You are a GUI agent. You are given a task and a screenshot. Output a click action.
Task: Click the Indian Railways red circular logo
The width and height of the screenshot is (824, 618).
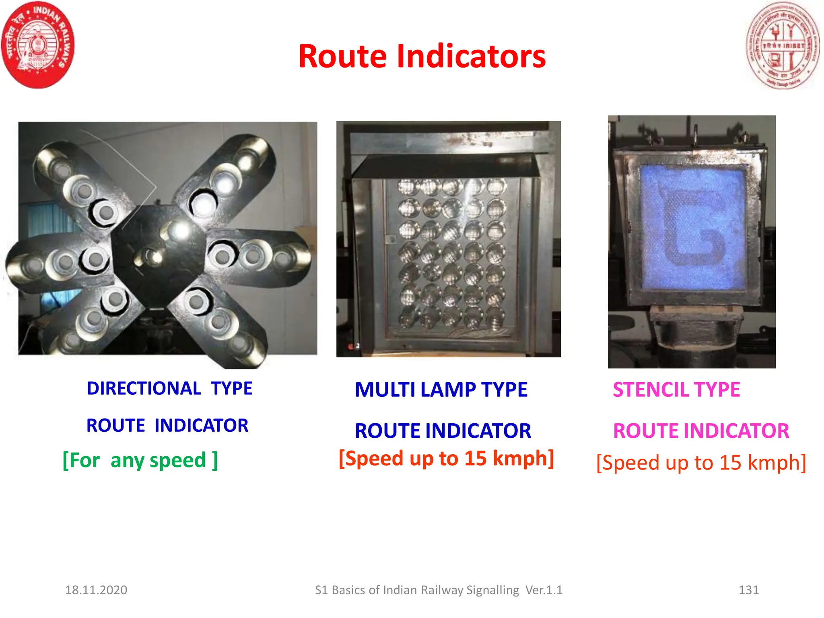pos(38,45)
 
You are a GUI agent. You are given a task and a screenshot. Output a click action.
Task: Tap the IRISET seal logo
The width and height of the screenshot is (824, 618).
pos(782,45)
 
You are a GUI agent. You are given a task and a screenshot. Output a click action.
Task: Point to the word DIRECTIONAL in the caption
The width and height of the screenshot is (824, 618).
pos(144,389)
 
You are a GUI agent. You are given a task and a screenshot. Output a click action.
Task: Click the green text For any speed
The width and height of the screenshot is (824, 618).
pos(140,460)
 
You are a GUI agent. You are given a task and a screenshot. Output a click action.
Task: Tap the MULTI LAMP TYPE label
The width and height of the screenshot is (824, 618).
pos(441,390)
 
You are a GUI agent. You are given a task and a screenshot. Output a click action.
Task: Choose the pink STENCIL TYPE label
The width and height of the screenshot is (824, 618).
pos(676,390)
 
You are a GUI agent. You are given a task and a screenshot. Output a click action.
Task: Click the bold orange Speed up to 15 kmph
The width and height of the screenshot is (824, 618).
pos(446,459)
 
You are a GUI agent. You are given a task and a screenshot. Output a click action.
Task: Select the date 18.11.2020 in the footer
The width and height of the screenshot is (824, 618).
pos(96,590)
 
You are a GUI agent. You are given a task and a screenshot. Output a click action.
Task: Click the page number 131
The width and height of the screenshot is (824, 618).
pos(748,590)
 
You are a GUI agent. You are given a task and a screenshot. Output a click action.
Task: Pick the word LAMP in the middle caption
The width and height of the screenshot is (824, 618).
pos(448,390)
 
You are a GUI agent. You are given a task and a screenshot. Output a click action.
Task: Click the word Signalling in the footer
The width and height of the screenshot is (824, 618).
pos(492,590)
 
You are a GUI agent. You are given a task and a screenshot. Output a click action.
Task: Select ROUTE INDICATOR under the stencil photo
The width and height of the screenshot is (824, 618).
pos(701,431)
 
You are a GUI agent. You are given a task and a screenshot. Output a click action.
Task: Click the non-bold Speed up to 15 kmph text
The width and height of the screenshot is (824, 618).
pos(701,463)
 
